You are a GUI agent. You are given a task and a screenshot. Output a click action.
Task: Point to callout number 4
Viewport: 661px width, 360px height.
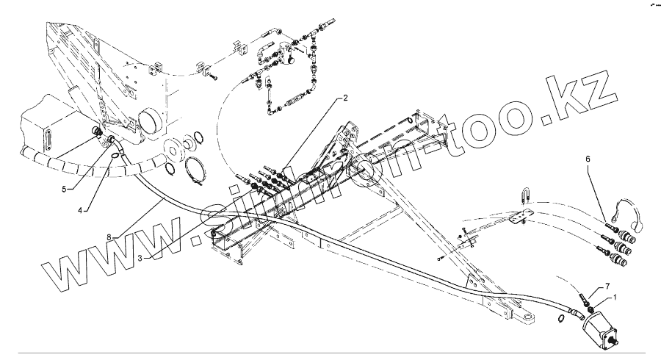tap(79, 212)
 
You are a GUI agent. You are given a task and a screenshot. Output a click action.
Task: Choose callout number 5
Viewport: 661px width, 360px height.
tap(64, 189)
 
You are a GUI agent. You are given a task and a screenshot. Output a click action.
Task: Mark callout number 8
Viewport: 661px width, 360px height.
tap(109, 237)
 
